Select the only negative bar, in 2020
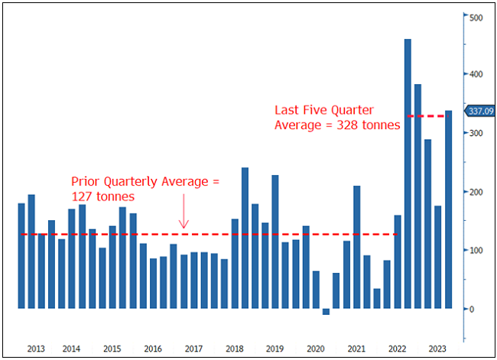click(x=326, y=312)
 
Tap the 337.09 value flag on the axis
click(x=479, y=111)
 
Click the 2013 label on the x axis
click(x=36, y=349)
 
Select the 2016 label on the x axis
click(x=153, y=349)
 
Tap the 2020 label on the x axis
click(x=316, y=349)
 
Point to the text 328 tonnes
click(x=370, y=125)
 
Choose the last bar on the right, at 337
click(x=448, y=209)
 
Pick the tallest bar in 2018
click(x=245, y=238)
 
